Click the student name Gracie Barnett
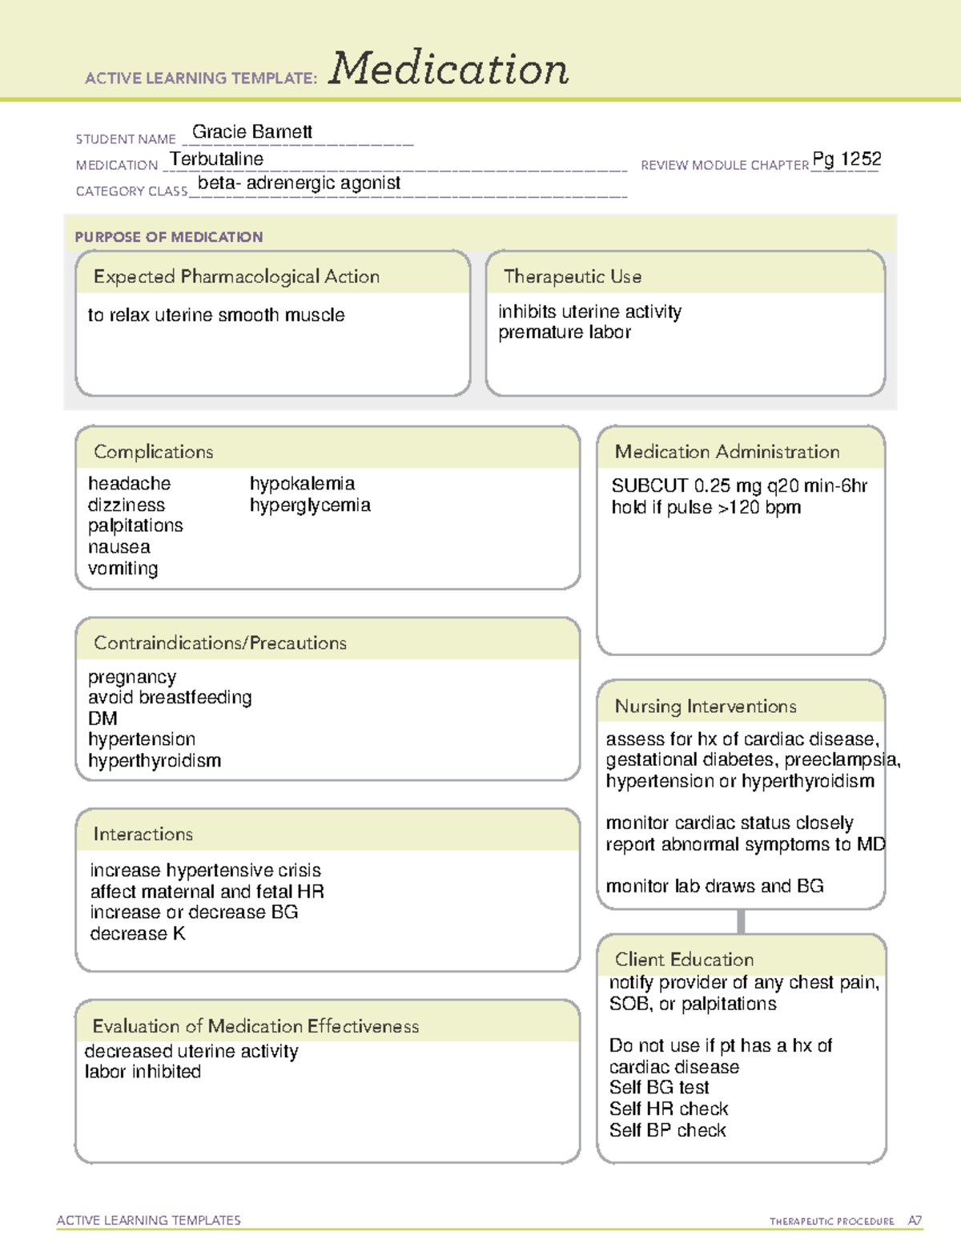click(x=252, y=132)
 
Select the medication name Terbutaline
click(x=217, y=159)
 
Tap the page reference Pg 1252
click(x=846, y=159)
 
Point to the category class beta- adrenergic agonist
click(x=299, y=183)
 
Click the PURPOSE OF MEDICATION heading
click(x=169, y=237)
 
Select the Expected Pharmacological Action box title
click(x=236, y=277)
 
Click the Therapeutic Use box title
click(x=573, y=277)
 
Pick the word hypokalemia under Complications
click(x=302, y=484)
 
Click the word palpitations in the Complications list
click(x=135, y=526)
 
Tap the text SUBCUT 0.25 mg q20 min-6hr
click(x=739, y=486)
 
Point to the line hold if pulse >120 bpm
click(x=706, y=508)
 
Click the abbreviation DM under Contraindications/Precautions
click(x=103, y=719)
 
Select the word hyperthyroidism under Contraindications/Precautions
click(x=155, y=761)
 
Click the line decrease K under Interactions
click(x=138, y=934)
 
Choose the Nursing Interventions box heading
click(x=706, y=707)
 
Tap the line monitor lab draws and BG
click(x=714, y=886)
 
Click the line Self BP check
click(x=668, y=1130)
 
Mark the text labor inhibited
click(x=143, y=1072)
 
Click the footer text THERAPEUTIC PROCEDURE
click(x=832, y=1222)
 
